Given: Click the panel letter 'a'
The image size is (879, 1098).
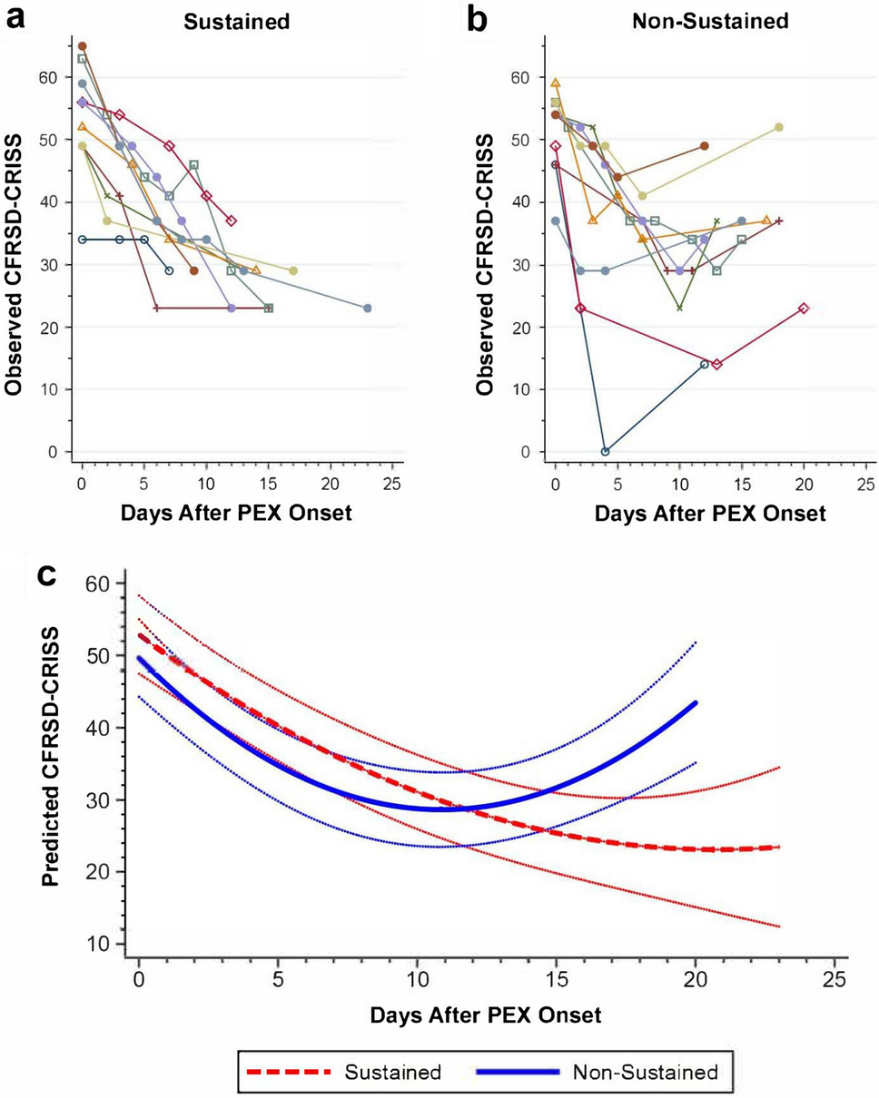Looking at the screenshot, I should tap(15, 18).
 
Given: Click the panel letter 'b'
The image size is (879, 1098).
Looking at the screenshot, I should tap(477, 18).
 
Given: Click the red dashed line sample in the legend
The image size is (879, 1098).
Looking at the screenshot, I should tap(288, 1072).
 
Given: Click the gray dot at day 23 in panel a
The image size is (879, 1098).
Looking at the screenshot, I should tap(367, 309).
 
